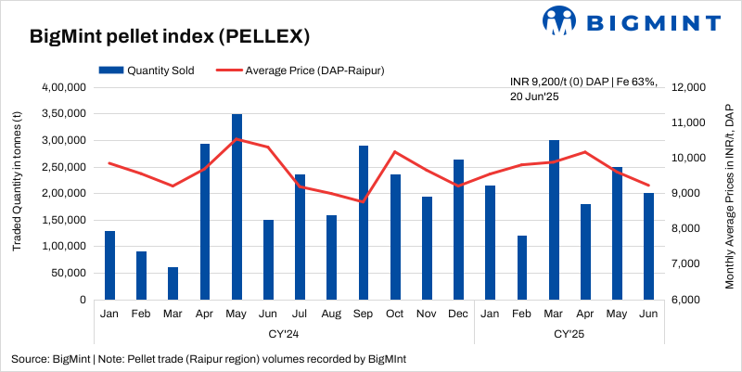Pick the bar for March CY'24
click(x=173, y=283)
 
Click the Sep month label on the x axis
click(x=364, y=314)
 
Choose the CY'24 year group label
click(x=284, y=333)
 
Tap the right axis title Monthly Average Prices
click(x=729, y=194)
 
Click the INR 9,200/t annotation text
click(x=583, y=89)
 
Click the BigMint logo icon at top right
click(x=561, y=19)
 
